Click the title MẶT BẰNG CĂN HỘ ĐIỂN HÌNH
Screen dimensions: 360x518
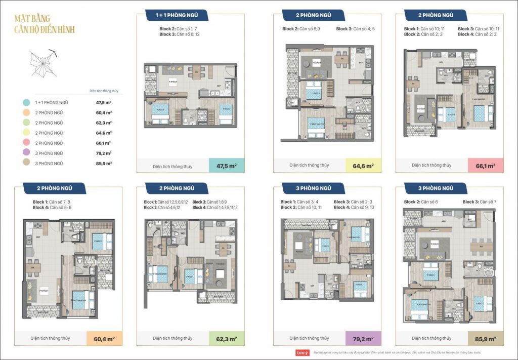point(45,25)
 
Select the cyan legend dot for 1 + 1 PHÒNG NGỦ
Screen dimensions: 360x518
point(26,102)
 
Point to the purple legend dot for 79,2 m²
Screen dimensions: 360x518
point(26,153)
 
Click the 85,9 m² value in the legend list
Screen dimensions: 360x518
point(104,164)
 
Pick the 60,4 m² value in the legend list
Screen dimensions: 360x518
point(104,113)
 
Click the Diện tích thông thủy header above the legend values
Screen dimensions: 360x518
point(104,92)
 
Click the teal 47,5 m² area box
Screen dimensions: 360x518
point(227,166)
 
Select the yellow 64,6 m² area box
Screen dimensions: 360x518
point(363,166)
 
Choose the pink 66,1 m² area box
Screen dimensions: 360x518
point(486,166)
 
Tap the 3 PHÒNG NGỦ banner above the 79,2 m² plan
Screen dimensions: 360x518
point(314,188)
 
